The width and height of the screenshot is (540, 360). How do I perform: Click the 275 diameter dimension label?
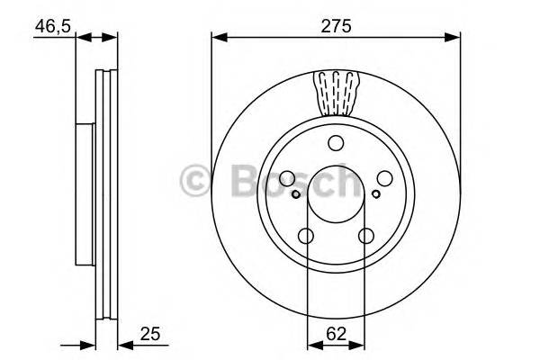tap(335, 26)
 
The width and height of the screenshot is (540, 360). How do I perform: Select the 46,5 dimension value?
tap(52, 26)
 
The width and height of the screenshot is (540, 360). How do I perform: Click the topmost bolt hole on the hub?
tap(336, 142)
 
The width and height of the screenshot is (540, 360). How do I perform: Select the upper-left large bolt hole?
tap(288, 178)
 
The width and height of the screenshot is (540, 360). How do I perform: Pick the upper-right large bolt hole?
tap(383, 178)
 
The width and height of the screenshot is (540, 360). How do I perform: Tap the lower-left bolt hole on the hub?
tap(306, 236)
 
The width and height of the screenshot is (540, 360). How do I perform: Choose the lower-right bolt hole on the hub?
tap(365, 236)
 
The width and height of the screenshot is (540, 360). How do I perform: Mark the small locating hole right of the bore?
tap(373, 191)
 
